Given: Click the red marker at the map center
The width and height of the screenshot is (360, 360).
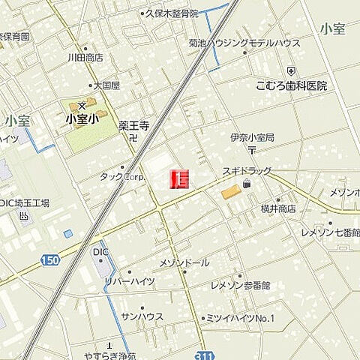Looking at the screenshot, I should tap(180, 178).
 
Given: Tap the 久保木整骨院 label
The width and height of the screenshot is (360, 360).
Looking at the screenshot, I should tap(173, 13).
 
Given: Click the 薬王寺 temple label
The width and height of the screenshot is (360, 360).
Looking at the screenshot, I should tap(134, 126).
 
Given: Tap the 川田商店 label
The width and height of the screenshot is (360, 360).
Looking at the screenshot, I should tap(85, 57).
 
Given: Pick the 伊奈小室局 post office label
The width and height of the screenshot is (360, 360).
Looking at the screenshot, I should tap(252, 138).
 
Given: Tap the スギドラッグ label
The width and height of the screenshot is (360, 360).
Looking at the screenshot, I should tap(246, 172).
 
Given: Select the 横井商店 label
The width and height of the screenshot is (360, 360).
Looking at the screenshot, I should tap(277, 208).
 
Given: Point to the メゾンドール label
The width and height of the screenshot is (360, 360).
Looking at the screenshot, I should tap(184, 263).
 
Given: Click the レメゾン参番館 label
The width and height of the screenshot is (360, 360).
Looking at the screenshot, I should tap(240, 286).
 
